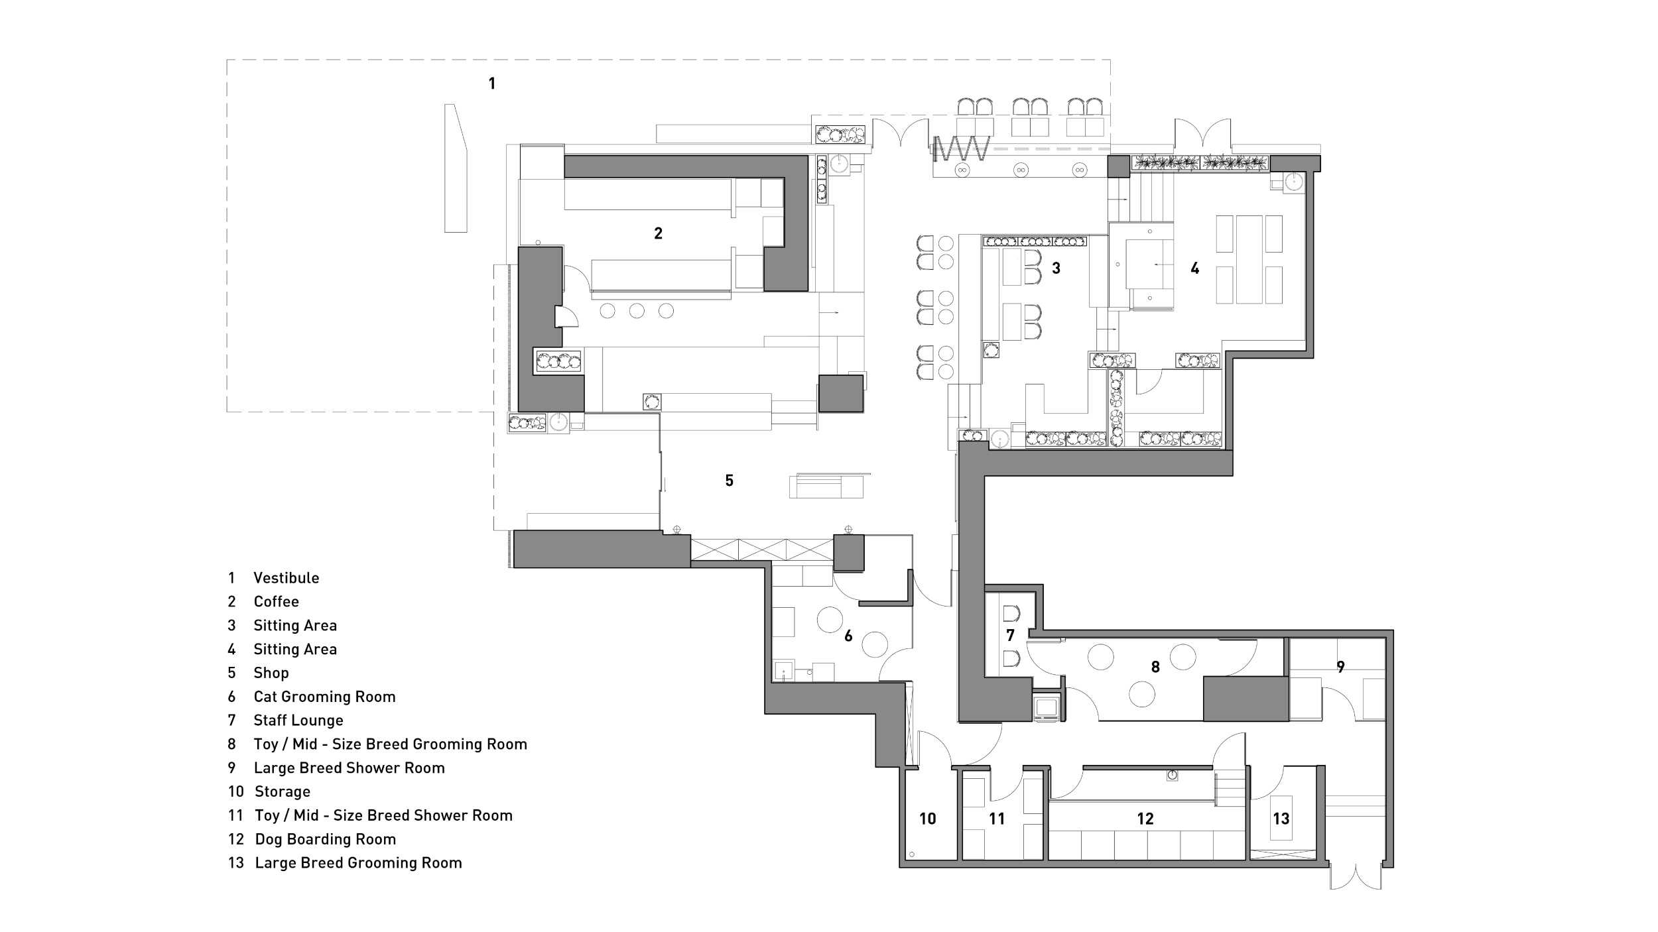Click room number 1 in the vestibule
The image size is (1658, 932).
(491, 84)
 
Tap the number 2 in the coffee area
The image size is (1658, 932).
(658, 233)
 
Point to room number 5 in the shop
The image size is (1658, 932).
(729, 481)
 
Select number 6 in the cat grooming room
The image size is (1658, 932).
(848, 636)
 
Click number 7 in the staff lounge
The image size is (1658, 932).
(1010, 636)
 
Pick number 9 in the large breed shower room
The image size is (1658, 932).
(1340, 667)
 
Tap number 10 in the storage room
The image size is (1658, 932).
(927, 819)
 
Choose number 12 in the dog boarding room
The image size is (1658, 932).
(1145, 819)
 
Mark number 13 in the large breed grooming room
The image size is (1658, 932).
(1281, 819)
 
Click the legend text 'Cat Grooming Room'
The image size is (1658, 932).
(324, 697)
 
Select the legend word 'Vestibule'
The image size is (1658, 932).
(287, 578)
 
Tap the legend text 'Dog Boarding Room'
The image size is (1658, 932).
(326, 839)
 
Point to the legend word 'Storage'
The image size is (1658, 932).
(283, 791)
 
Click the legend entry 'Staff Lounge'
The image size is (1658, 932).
(298, 721)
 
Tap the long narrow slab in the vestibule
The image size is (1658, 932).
(456, 168)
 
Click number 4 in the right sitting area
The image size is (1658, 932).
(1194, 268)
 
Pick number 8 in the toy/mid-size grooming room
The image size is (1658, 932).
(1155, 667)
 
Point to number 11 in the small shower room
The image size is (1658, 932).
(997, 819)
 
